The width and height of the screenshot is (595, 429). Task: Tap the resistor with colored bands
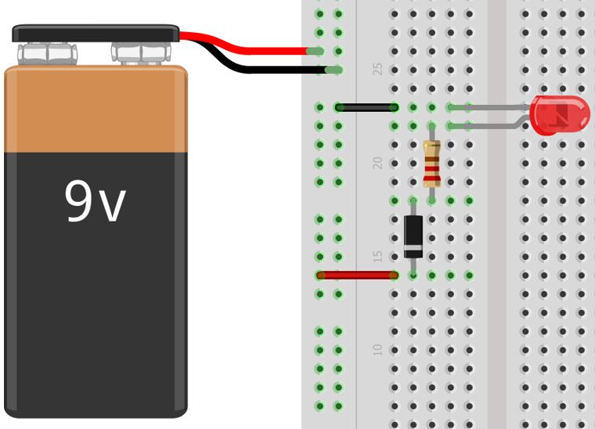pos(431,163)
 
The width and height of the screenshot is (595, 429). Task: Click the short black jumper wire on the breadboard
pos(366,107)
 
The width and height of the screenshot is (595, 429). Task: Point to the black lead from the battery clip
pos(258,70)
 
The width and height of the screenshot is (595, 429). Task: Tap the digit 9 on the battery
pos(79,201)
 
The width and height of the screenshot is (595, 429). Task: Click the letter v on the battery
pos(113,205)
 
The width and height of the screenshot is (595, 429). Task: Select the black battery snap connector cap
pos(96,34)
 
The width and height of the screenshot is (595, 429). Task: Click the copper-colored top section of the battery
pos(96,110)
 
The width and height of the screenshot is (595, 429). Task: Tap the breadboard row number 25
pos(378,69)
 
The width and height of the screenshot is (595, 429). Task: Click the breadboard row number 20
pos(378,163)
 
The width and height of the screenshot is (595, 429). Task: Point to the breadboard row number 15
pos(378,257)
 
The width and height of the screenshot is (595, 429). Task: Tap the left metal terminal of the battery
pos(47,54)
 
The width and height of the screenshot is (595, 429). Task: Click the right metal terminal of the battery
pos(141,53)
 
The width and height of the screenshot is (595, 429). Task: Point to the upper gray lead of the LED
pos(493,106)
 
